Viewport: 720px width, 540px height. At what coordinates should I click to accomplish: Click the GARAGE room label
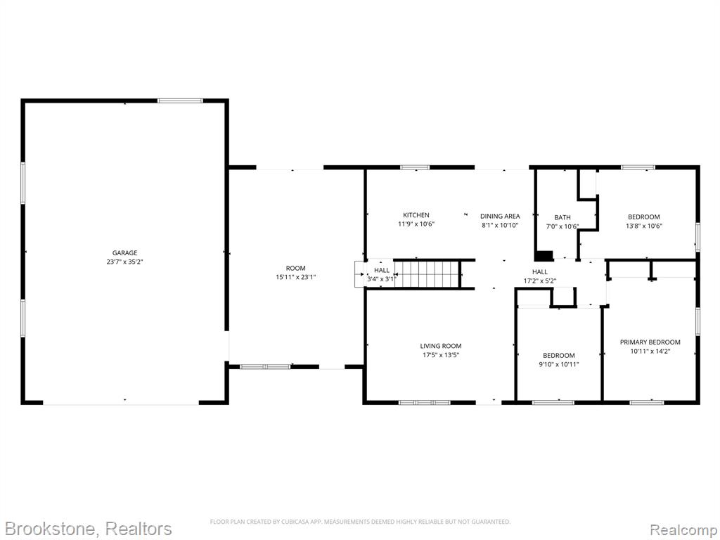point(125,252)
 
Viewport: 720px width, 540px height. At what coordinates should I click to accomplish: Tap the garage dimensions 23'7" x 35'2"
point(125,262)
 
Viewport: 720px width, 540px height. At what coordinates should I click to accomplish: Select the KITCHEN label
point(416,215)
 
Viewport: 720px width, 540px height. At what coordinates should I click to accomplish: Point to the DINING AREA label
point(500,216)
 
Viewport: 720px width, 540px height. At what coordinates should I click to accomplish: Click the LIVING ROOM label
point(441,346)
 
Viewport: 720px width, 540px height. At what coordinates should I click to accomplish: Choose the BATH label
point(562,217)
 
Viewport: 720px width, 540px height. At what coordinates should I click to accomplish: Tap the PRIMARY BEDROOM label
point(650,342)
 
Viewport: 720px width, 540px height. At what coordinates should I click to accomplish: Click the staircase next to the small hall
point(427,274)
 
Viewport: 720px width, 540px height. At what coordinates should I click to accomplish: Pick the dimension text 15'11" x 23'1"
point(296,277)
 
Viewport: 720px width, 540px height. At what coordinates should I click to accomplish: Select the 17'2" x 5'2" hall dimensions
point(540,281)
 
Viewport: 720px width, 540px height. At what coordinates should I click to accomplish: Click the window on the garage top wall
point(180,101)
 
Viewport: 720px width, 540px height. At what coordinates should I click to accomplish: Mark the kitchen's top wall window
point(415,167)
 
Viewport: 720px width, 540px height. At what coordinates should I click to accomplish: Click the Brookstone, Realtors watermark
point(88,529)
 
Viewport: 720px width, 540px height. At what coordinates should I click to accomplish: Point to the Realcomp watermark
point(683,529)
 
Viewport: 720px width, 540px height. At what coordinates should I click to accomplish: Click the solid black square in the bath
point(544,255)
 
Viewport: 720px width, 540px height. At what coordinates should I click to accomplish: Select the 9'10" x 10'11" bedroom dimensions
point(559,364)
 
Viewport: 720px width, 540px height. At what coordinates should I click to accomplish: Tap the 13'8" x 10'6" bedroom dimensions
point(644,226)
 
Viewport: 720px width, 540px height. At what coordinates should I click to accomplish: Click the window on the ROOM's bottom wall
point(265,367)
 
